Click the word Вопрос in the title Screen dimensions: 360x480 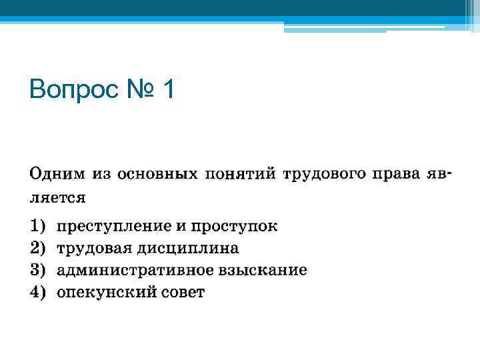click(x=73, y=88)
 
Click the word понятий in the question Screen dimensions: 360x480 click(x=241, y=175)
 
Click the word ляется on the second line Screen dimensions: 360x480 click(x=57, y=198)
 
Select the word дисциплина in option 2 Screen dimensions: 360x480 click(x=188, y=248)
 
